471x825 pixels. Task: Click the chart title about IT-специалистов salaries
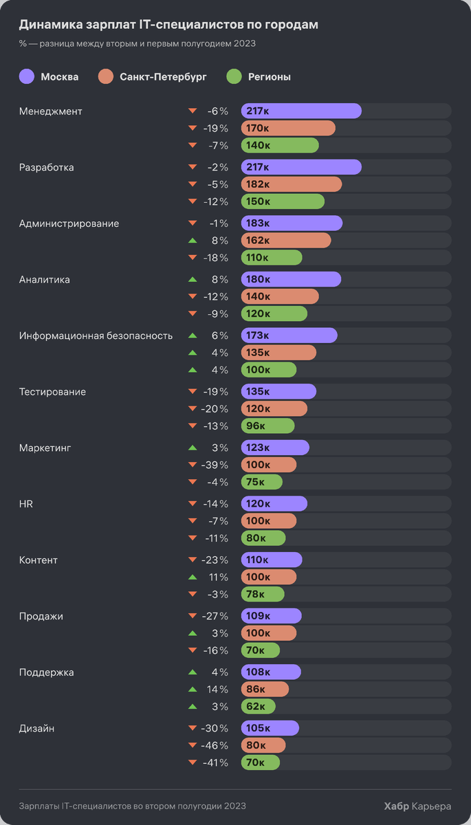168,25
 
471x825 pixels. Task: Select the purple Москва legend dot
26,76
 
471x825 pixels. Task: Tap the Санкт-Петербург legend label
162,76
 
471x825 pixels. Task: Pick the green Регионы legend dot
234,76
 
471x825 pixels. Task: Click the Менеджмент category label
51,111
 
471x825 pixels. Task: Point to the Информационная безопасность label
96,335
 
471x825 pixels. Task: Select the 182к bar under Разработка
291,184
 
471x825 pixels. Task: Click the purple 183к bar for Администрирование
292,223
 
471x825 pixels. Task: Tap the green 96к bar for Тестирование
267,426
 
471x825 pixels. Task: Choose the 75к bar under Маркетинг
261,482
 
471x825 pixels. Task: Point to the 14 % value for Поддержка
217,690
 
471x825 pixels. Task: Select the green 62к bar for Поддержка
258,706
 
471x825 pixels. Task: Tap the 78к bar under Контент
263,594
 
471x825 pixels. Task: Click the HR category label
26,504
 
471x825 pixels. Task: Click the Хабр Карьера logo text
417,806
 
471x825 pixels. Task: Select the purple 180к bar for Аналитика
291,279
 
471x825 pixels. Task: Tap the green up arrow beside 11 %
193,577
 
